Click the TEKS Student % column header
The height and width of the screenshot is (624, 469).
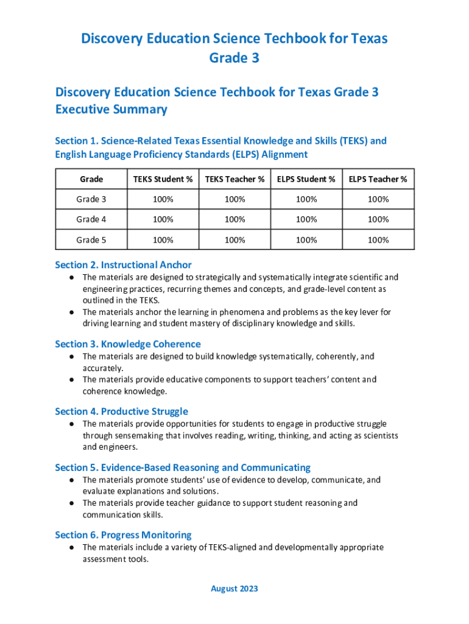point(163,179)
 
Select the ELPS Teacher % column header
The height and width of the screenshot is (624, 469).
point(378,179)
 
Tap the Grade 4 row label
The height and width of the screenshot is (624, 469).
point(91,219)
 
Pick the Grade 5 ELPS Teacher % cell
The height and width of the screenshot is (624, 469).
point(378,240)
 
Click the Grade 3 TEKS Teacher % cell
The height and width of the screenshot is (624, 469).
point(234,199)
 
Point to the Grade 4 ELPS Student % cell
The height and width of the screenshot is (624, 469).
point(306,219)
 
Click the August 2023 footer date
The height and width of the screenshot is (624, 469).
point(234,589)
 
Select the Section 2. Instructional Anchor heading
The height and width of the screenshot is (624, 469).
point(123,265)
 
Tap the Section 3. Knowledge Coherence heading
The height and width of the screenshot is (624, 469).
point(127,344)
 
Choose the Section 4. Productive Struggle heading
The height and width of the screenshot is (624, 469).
point(121,411)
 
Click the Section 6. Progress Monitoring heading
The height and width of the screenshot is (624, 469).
point(123,535)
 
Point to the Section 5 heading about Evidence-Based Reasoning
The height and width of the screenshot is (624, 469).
point(183,467)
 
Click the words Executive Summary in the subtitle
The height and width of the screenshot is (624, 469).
point(111,110)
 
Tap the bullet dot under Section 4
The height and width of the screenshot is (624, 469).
point(71,424)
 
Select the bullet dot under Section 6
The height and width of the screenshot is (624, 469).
point(71,548)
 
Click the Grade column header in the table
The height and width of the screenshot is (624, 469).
point(91,179)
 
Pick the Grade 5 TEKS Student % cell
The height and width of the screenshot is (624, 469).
point(163,240)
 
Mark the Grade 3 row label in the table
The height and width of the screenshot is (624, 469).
point(91,199)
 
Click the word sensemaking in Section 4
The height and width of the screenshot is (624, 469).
point(138,436)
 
